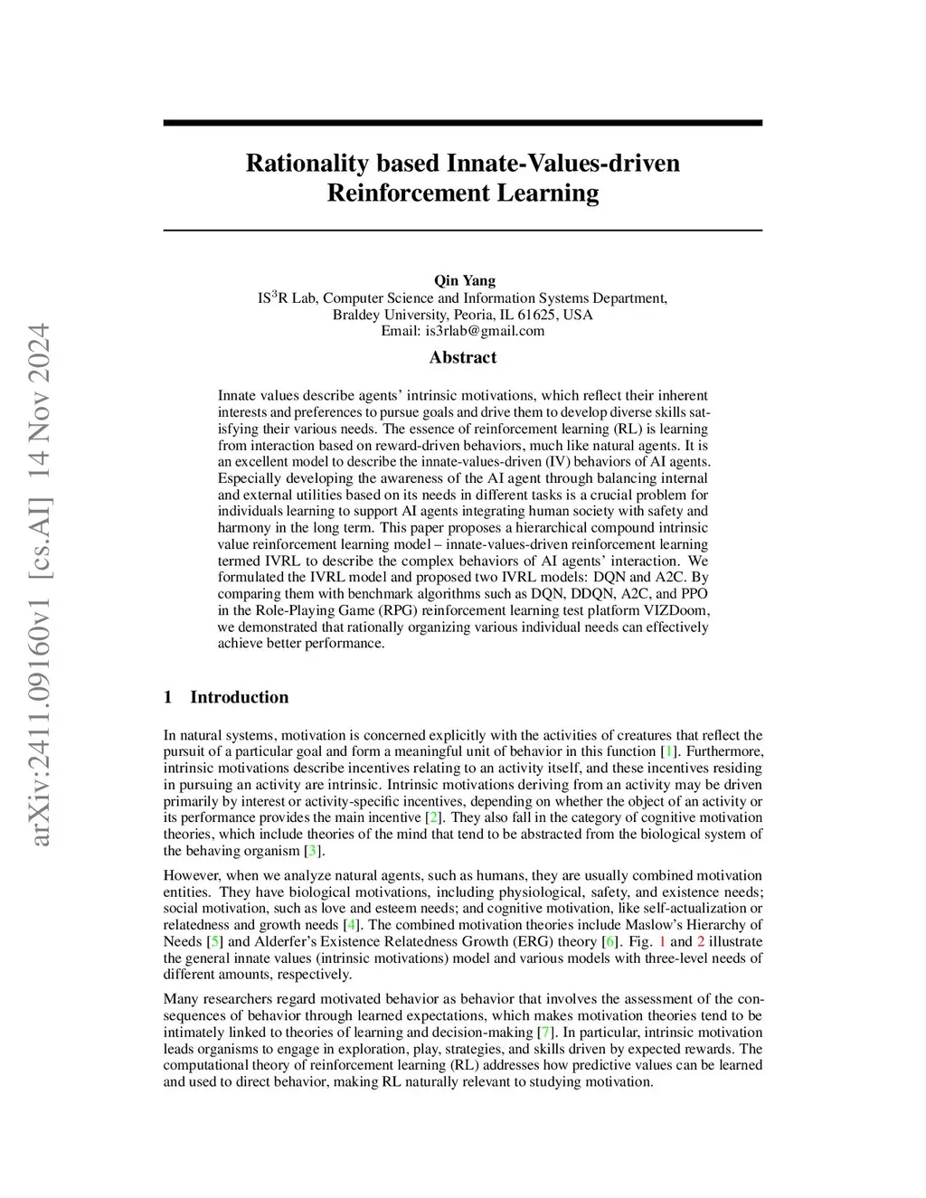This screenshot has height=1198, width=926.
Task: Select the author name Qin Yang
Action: pos(465,280)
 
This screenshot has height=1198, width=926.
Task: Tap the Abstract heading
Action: pos(463,357)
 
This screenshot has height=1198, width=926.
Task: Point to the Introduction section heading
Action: pos(239,697)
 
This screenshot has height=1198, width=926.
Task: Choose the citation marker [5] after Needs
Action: pos(215,942)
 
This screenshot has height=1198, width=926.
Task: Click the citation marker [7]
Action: pos(545,1033)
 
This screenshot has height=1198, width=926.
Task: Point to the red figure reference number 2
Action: pos(701,942)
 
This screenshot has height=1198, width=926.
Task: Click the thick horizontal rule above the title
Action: pos(463,123)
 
